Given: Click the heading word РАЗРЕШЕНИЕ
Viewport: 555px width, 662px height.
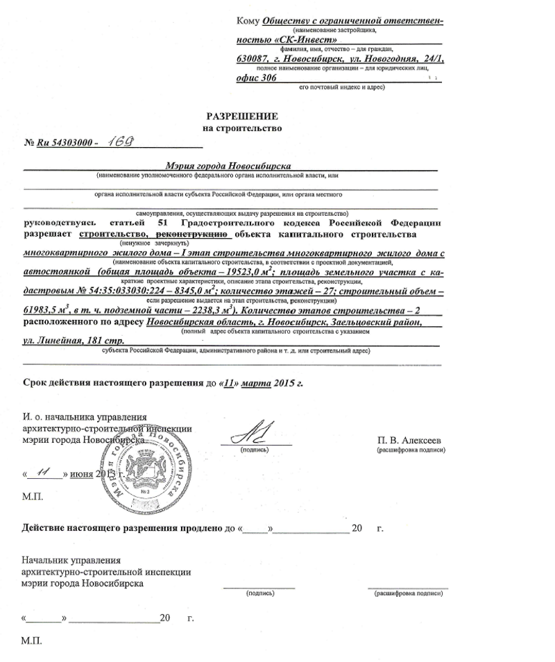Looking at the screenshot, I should pyautogui.click(x=243, y=116).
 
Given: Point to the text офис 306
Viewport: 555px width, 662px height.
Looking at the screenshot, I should pyautogui.click(x=255, y=80).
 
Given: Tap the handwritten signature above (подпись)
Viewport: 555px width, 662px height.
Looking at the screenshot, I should pyautogui.click(x=255, y=434).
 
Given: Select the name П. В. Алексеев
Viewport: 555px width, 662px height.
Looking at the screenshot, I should pyautogui.click(x=409, y=440).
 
